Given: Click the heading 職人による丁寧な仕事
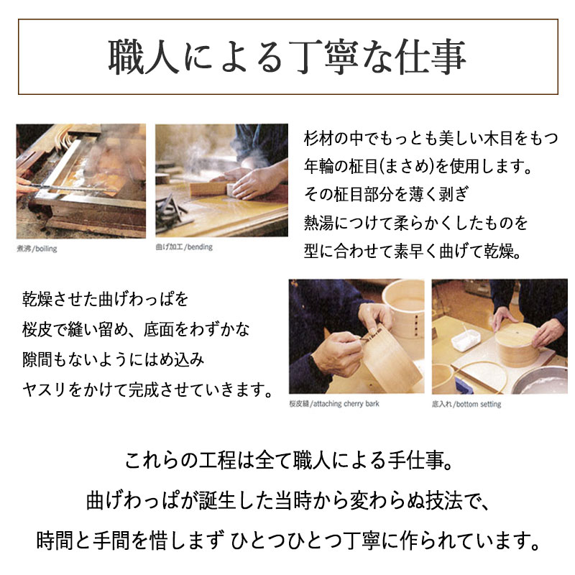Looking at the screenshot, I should click(287, 57).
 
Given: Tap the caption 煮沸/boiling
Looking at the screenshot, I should click(37, 249).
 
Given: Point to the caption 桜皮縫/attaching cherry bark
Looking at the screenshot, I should click(333, 404).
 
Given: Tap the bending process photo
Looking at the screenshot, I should click(220, 181).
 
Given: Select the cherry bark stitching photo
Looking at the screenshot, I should click(354, 336).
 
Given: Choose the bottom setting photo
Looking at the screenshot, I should click(499, 336).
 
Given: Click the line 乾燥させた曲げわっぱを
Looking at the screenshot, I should click(105, 297).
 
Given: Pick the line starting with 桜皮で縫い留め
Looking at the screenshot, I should click(137, 330).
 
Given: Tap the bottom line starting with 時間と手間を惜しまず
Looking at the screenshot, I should click(287, 537).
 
